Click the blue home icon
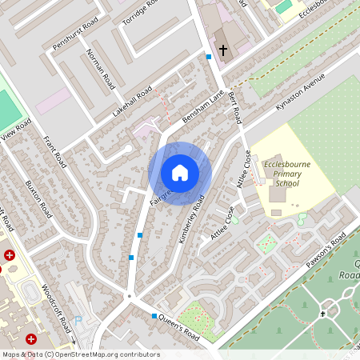pos(180,173)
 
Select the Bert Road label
pos(234,106)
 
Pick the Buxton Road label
pos(38,198)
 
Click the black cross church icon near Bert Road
pos(223,50)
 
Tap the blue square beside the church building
pos(209,57)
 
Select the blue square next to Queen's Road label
pos(154,317)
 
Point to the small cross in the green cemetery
pos(323,314)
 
